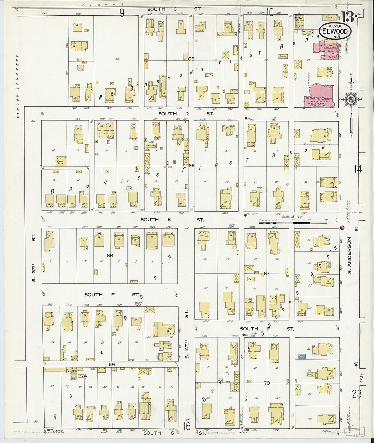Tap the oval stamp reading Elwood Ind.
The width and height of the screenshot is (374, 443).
click(335, 31)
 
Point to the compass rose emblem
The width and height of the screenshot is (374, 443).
click(350, 99)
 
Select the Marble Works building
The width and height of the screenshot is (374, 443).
click(299, 21)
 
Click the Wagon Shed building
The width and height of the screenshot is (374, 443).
click(62, 161)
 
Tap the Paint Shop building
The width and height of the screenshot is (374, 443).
click(151, 145)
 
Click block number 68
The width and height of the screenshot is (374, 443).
click(109, 255)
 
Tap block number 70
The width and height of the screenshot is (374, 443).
click(267, 383)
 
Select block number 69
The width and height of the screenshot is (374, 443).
click(112, 365)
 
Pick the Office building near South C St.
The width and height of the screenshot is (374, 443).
click(329, 17)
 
